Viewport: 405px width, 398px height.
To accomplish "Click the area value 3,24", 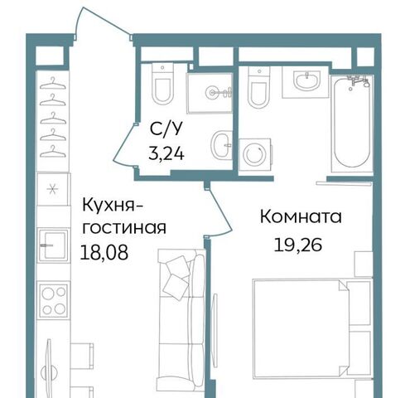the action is (x=166, y=153).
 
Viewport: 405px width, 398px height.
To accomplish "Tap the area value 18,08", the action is (x=104, y=253).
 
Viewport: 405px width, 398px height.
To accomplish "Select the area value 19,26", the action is (x=298, y=245).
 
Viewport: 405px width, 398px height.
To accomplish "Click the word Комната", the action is (x=301, y=217).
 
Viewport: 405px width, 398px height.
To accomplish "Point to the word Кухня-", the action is (x=112, y=205).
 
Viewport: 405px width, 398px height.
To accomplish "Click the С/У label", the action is (x=166, y=129).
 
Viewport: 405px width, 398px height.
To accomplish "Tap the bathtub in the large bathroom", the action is (x=352, y=123).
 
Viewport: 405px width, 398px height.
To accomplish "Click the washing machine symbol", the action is (x=255, y=154).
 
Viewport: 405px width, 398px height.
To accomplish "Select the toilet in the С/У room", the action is (x=163, y=84).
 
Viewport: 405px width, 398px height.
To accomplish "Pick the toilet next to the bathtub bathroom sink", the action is (x=259, y=87).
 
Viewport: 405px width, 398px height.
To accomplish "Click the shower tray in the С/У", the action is (x=210, y=93).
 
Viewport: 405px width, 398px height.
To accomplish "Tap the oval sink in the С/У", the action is (x=221, y=145).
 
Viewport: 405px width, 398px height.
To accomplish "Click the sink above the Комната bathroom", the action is (x=306, y=80).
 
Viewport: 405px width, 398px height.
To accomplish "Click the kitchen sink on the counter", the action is (x=53, y=245).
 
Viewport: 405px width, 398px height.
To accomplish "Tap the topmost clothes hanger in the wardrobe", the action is (x=53, y=84).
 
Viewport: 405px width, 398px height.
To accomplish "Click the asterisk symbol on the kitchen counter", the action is (x=51, y=189).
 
